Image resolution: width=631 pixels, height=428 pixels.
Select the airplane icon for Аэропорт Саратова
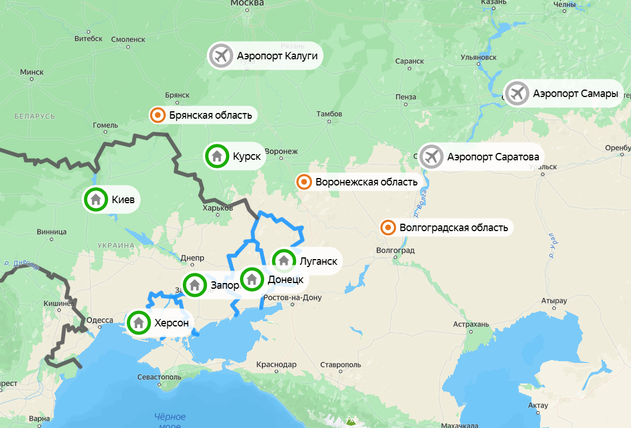click(x=432, y=156)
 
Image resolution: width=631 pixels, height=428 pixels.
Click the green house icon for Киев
click(x=96, y=200)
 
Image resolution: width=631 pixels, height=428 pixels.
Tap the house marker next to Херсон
click(x=138, y=322)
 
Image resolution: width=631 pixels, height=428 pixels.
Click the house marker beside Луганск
click(x=283, y=261)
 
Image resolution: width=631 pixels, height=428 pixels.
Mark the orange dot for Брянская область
click(x=158, y=116)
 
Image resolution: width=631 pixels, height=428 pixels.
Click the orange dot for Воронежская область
click(x=304, y=182)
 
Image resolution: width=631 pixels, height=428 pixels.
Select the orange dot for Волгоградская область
click(x=388, y=228)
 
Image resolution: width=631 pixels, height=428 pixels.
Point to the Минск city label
click(x=31, y=72)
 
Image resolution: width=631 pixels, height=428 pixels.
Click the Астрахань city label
click(x=471, y=325)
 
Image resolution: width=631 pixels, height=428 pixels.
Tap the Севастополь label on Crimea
click(x=159, y=378)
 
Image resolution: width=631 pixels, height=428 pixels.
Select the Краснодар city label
click(x=277, y=365)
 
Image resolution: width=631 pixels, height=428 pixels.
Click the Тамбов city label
click(x=329, y=114)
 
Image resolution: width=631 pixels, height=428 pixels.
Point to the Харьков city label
click(x=218, y=208)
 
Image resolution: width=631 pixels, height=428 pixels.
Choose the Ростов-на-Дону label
click(x=293, y=298)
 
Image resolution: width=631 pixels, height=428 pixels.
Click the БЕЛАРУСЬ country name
click(x=35, y=116)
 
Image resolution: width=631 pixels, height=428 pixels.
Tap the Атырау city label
click(x=554, y=301)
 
